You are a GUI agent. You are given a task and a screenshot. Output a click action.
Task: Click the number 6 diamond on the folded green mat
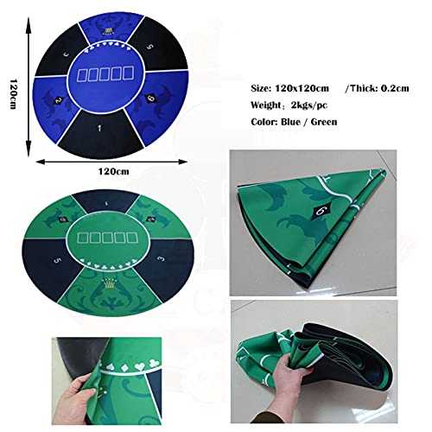(322, 209)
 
